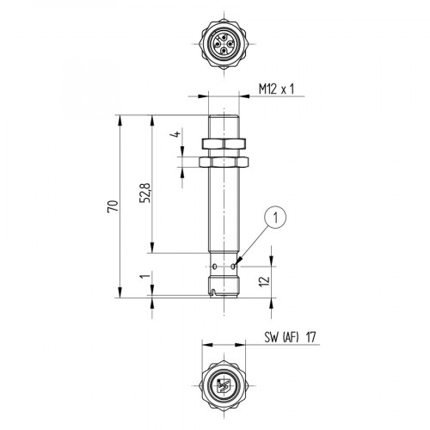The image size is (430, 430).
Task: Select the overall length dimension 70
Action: coord(112,206)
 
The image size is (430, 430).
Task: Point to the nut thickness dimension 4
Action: coord(174,135)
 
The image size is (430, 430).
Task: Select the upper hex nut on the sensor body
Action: coord(223,143)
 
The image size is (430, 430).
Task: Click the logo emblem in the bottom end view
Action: coord(223,385)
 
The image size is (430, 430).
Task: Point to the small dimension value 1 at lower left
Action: coord(147,279)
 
